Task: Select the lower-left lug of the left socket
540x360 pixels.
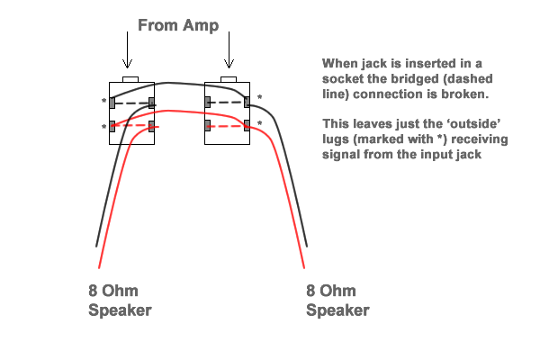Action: point(112,126)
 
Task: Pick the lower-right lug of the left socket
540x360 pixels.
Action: point(152,126)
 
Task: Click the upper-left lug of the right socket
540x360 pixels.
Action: point(208,103)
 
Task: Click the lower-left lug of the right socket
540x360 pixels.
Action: point(208,124)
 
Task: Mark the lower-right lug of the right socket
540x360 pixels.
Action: point(248,125)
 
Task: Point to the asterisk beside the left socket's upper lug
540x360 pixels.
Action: point(104,101)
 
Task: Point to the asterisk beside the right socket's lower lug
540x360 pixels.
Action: point(259,124)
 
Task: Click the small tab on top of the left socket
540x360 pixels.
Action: point(130,79)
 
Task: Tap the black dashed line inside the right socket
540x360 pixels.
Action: point(228,103)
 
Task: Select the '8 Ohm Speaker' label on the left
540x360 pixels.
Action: point(120,301)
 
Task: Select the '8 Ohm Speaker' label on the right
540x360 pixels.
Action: point(337,301)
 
